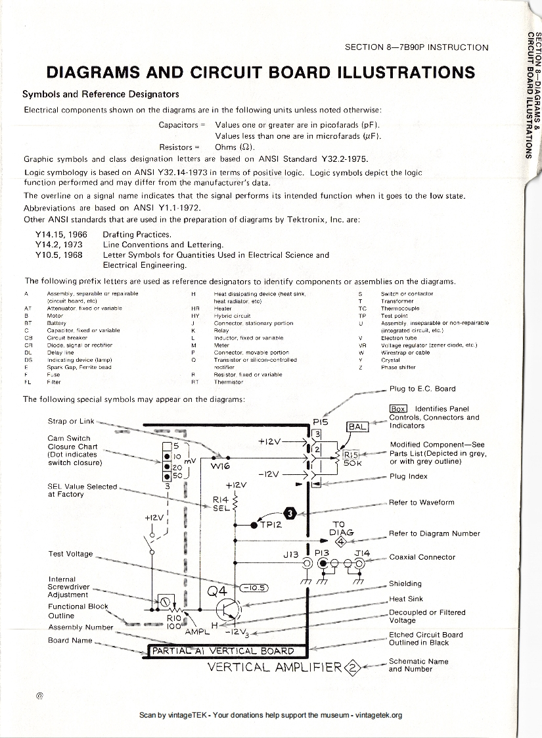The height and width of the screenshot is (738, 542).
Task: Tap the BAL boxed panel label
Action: coord(358,427)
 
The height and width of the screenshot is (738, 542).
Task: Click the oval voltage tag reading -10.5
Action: coord(253,587)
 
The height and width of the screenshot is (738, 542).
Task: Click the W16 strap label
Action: coord(221,468)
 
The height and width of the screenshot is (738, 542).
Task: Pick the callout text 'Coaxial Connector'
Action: coord(422,557)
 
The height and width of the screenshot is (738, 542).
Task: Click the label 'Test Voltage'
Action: coord(70,554)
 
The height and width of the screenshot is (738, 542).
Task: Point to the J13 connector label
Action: coord(291,554)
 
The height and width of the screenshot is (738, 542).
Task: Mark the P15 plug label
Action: coord(321,421)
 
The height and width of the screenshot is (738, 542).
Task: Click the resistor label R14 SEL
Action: coord(220,503)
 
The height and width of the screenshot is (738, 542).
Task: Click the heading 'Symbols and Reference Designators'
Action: coord(101,93)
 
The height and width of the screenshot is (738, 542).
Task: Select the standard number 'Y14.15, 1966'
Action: coord(61,234)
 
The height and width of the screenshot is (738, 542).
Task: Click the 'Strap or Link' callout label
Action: coord(72,421)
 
